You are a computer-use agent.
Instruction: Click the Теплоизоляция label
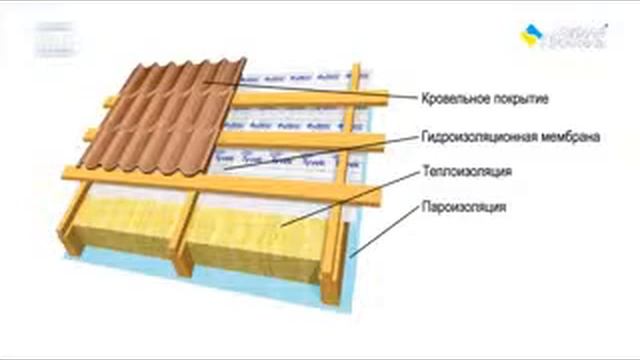click(x=468, y=172)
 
